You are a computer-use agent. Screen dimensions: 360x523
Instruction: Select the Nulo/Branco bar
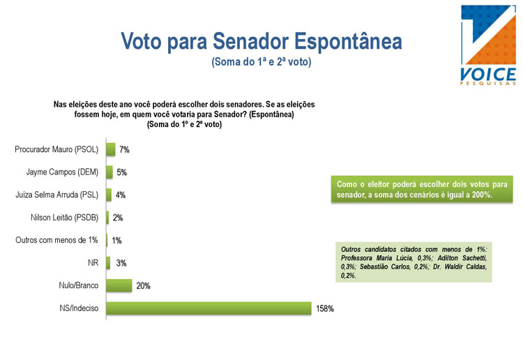pos(119,285)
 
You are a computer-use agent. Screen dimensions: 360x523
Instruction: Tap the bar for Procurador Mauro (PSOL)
pos(110,149)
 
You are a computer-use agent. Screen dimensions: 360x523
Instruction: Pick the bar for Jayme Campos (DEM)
pos(109,172)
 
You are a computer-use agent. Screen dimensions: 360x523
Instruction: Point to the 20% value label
pos(144,285)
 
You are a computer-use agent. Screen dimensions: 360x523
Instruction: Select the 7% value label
pos(125,149)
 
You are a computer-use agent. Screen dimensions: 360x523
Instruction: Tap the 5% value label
pos(122,172)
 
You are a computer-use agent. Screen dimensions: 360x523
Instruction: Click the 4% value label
pos(120,195)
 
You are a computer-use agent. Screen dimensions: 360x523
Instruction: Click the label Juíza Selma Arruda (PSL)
pos(55,195)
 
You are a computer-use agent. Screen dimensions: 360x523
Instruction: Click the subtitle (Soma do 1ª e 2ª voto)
pos(261,62)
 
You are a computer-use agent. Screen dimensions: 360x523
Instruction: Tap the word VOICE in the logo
pos(487,73)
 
